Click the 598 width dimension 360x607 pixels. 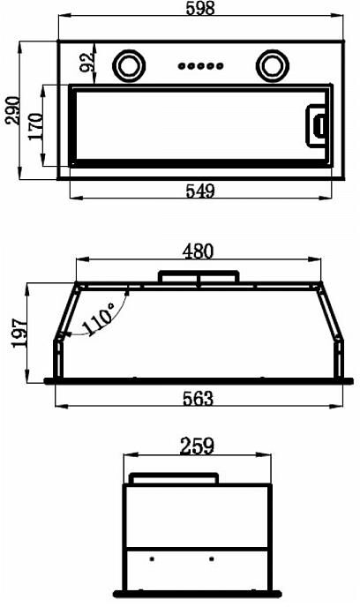click(200, 8)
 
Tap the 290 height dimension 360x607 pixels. click(12, 110)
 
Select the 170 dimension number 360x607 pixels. click(35, 126)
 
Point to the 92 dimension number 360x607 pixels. click(87, 62)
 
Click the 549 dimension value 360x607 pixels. click(200, 191)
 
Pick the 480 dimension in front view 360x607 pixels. click(198, 251)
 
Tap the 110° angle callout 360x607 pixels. click(98, 319)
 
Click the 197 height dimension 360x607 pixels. click(20, 333)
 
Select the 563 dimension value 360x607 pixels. click(198, 399)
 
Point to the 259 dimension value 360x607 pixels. click(197, 446)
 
